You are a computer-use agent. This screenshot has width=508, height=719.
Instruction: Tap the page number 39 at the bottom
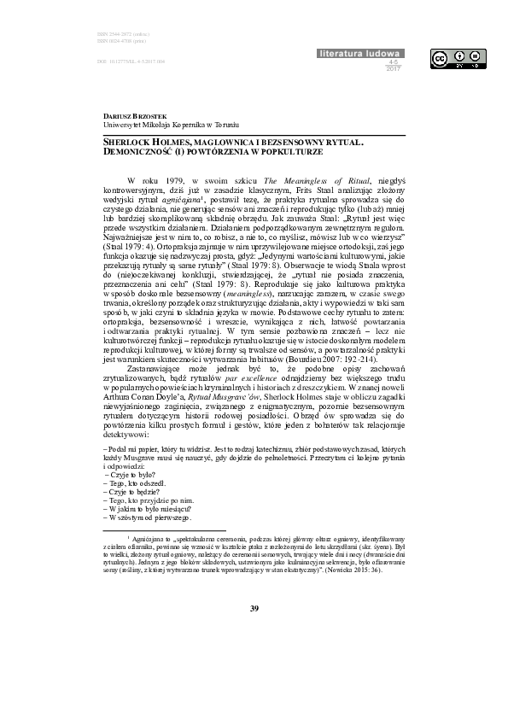(254, 608)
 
